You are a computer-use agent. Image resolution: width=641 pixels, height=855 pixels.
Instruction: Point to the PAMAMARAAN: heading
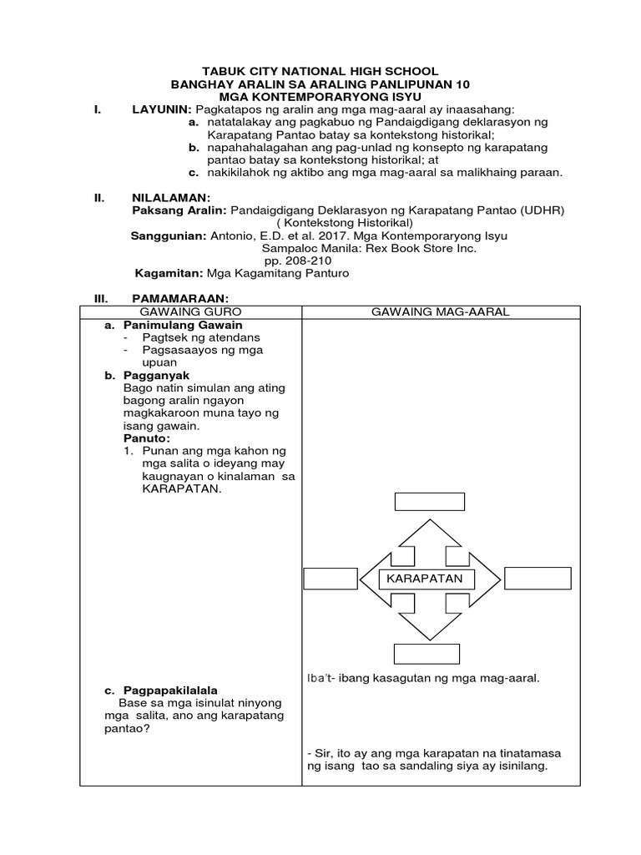coord(180,299)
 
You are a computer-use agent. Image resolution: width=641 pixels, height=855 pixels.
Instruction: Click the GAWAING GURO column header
coord(191,311)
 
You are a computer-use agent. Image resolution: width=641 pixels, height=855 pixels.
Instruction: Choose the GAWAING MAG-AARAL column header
coord(441,311)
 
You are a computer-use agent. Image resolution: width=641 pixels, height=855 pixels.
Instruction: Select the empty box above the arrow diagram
coord(429,501)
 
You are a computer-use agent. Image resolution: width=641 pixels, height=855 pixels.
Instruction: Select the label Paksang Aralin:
coord(179,211)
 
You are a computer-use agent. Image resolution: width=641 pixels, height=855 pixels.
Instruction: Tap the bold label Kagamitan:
coord(169,273)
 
